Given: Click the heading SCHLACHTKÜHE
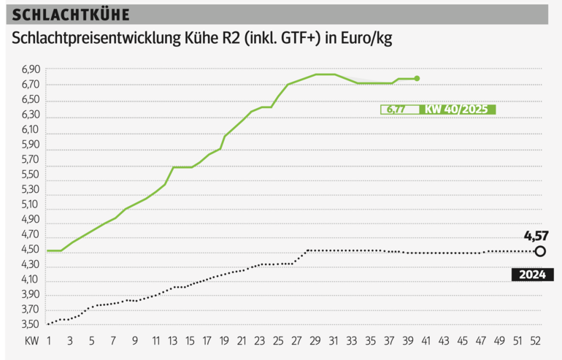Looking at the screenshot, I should point(72,15).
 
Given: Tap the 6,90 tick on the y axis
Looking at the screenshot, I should point(31,69).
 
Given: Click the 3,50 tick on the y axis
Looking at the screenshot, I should point(31,325).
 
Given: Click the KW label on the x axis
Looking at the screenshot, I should point(31,341).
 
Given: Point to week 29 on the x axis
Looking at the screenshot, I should point(317,341).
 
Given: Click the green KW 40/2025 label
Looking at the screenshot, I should point(457,110).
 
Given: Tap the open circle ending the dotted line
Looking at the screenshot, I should point(540,252).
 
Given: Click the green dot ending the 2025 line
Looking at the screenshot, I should point(417,78).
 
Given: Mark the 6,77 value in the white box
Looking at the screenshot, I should point(396,110).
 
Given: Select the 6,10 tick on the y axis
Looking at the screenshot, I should point(31,130).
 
